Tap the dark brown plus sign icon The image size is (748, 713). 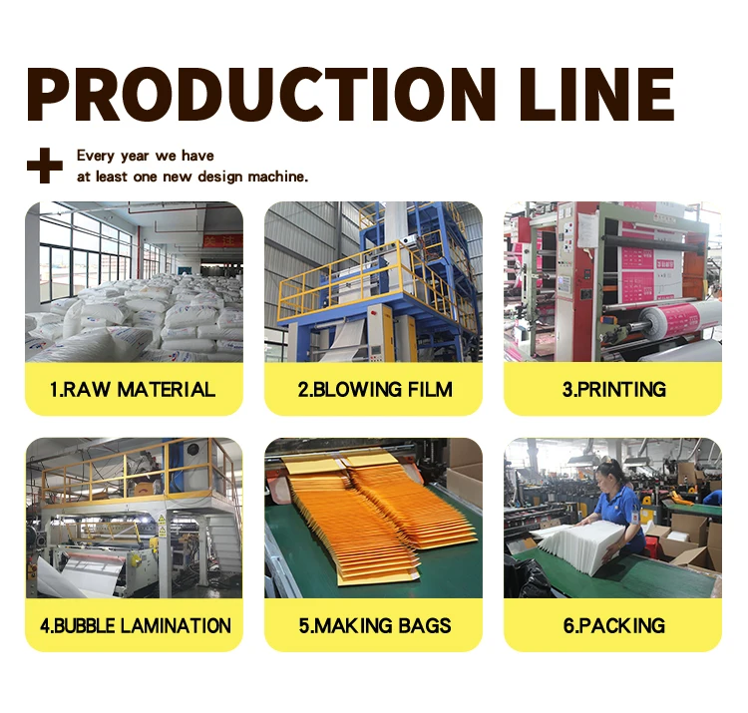coord(44,166)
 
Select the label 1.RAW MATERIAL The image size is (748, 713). coord(133,389)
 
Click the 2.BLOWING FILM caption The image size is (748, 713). coord(373,389)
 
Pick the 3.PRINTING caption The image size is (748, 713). coord(613,389)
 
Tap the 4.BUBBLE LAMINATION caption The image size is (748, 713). coord(135,626)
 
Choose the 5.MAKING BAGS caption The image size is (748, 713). coord(374,626)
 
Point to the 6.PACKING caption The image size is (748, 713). coord(613,626)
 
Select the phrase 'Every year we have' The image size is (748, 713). coord(145,156)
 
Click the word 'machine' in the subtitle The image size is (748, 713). coord(277,177)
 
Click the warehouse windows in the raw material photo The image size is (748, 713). coord(85,249)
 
